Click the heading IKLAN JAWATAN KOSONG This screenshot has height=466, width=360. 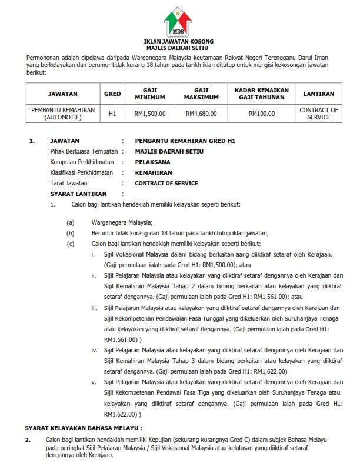click(x=179, y=41)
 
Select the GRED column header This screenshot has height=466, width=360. click(x=112, y=94)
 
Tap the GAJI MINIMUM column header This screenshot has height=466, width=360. click(x=149, y=94)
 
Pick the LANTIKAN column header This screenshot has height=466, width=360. click(x=319, y=94)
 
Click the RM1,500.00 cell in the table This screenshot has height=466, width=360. click(x=149, y=114)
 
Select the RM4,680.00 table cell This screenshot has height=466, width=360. click(x=201, y=114)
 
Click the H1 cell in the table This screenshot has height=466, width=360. click(x=112, y=114)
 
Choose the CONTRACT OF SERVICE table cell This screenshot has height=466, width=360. click(x=319, y=114)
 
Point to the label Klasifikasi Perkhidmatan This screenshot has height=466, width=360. click(x=83, y=172)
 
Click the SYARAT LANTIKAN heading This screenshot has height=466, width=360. click(x=78, y=194)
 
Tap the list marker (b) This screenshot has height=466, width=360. click(x=71, y=233)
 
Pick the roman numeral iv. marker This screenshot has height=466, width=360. click(x=94, y=350)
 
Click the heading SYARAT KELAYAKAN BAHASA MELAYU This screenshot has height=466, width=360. click(x=83, y=428)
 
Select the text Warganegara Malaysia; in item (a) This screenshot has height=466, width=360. click(x=122, y=222)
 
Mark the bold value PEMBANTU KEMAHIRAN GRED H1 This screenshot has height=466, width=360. click(x=185, y=141)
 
